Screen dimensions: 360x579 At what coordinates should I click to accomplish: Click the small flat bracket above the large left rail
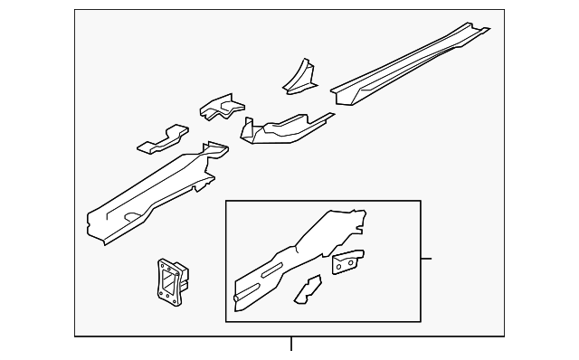pos(162,140)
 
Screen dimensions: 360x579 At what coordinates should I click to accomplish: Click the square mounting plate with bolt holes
pos(169,278)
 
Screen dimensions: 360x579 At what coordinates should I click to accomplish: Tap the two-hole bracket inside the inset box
pos(347,262)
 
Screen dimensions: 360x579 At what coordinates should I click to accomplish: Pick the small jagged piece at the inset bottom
pos(308,289)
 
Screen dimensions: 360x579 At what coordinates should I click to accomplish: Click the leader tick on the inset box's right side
pos(426,259)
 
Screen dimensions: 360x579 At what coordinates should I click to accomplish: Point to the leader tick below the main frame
pos(291,344)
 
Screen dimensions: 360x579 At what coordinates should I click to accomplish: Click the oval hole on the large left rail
pos(131,214)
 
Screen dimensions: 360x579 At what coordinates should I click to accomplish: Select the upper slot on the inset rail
pos(271,270)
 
